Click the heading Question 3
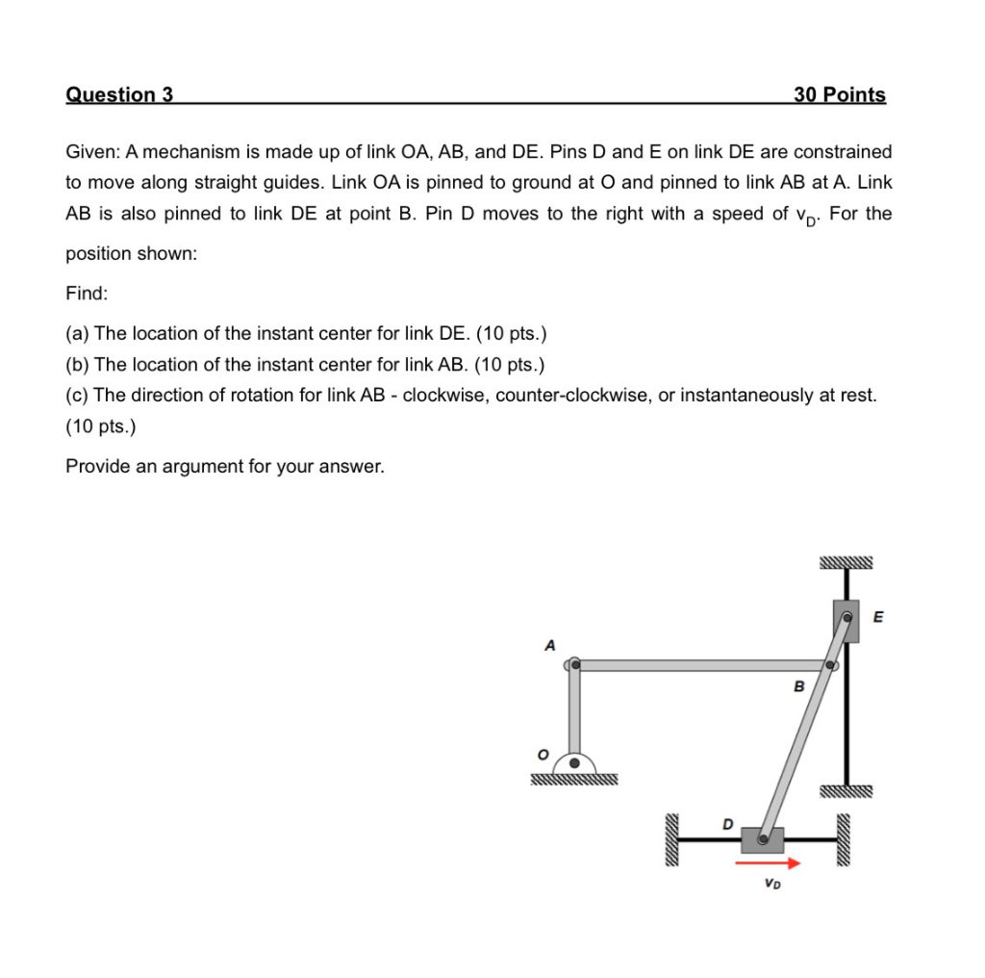119,94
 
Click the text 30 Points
839,94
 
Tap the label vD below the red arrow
771,884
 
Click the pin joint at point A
574,664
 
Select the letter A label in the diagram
549,646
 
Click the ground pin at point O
574,762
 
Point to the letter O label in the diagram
542,756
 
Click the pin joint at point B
830,665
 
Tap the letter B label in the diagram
797,686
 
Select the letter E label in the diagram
876,617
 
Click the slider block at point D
763,840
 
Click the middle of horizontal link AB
702,665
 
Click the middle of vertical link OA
574,712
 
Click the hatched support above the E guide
846,563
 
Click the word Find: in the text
88,293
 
